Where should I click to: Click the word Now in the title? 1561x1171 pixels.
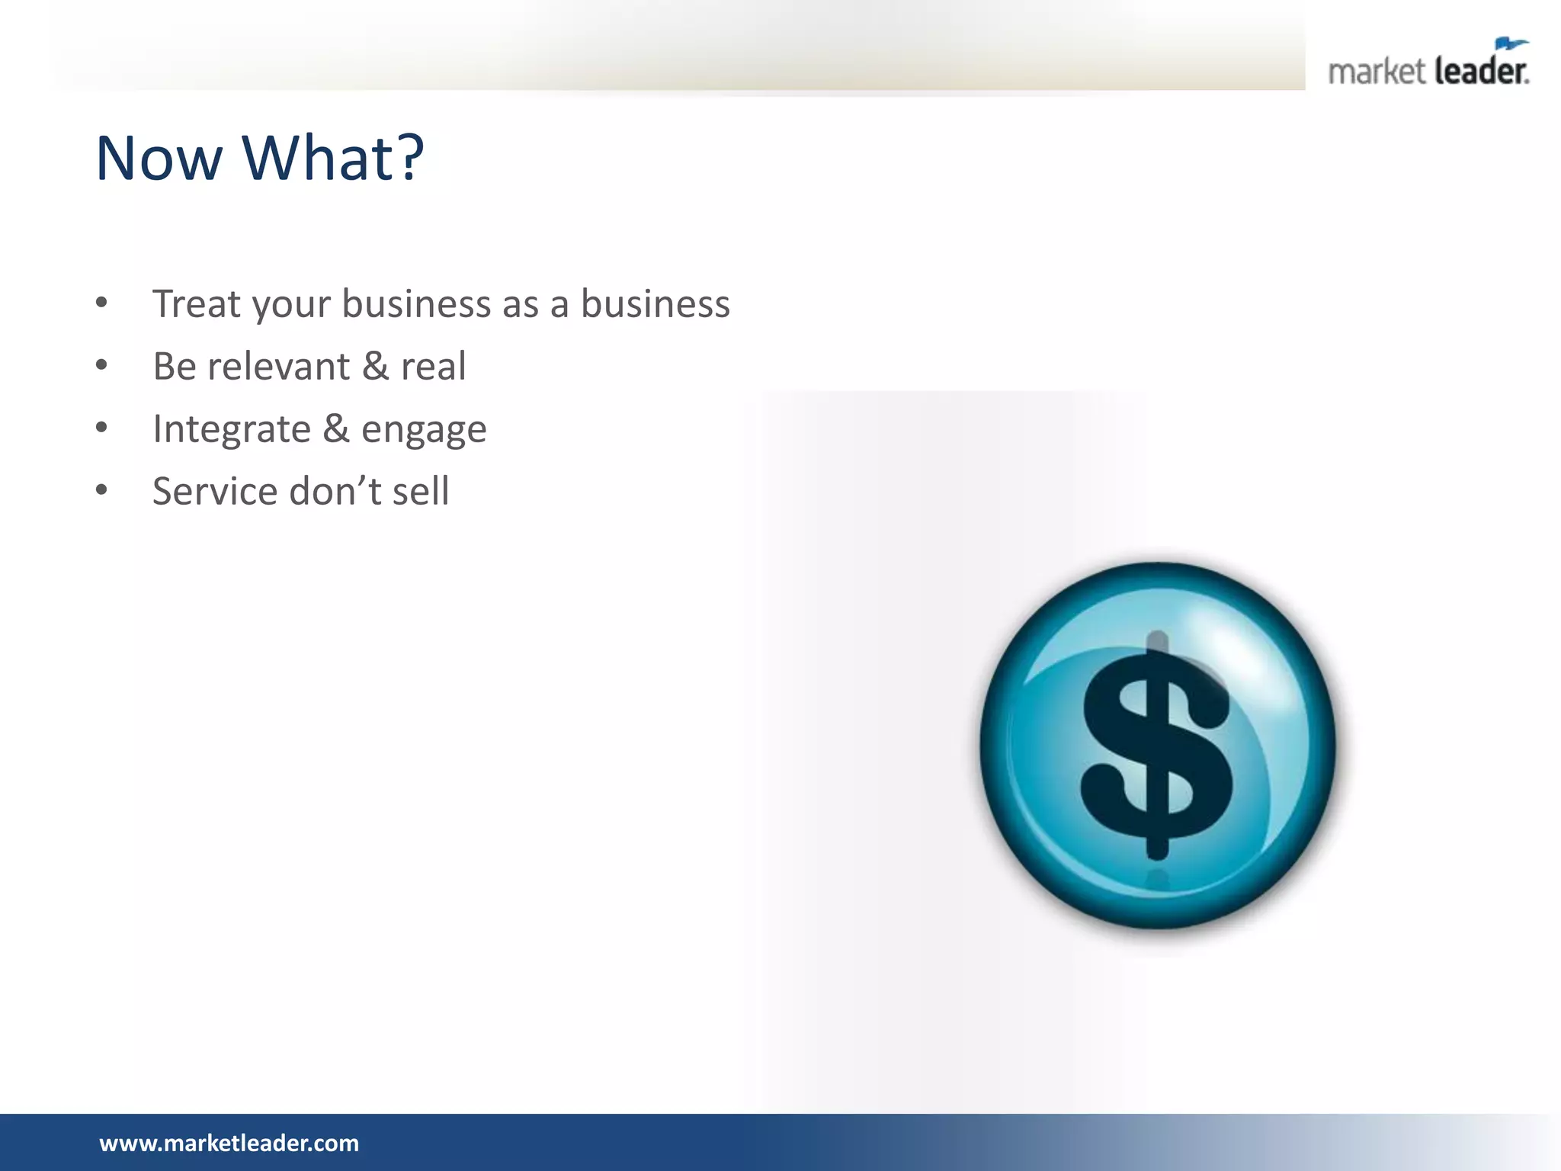pos(159,159)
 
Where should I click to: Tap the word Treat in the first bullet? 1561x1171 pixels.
pos(197,303)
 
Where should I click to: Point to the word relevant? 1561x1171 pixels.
pos(278,366)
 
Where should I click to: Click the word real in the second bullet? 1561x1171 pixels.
pos(433,366)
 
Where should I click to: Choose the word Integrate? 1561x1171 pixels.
pos(232,429)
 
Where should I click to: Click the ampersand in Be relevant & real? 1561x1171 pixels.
pos(375,366)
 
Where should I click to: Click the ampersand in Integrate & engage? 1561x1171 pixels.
pos(336,428)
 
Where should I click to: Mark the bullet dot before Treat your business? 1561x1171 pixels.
pos(101,303)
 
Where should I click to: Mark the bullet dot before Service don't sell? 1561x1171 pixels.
pos(101,490)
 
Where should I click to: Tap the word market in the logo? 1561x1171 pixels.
pos(1376,72)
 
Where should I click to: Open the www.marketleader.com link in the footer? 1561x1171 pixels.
pos(229,1143)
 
